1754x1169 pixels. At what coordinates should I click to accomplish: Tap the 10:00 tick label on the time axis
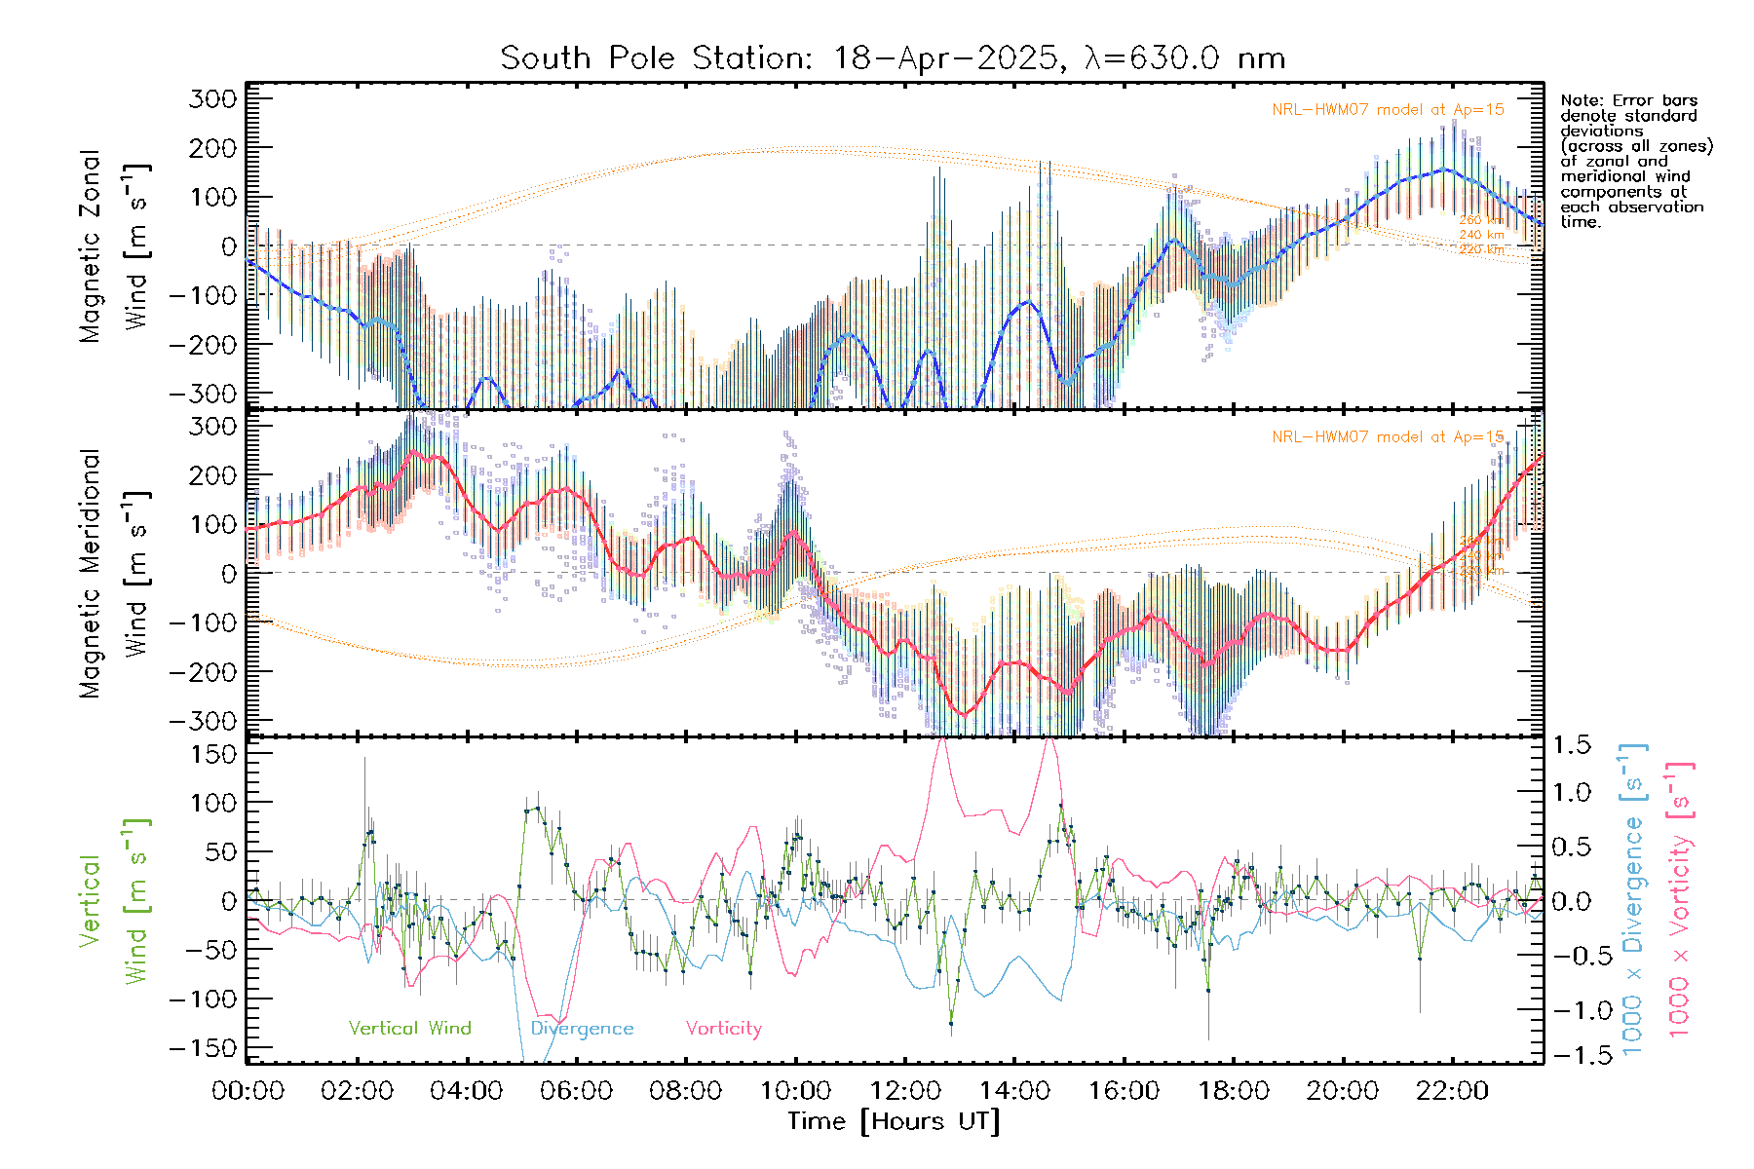[x=795, y=1090]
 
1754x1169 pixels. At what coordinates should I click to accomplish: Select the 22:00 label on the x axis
[x=1452, y=1090]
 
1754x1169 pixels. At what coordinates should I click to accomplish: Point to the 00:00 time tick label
[x=248, y=1090]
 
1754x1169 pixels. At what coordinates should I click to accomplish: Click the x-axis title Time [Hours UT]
[x=894, y=1121]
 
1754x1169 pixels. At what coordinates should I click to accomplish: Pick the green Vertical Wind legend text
[x=409, y=1028]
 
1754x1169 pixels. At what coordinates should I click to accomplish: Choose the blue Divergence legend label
[x=582, y=1028]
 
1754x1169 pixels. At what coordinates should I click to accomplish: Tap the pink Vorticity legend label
[x=723, y=1028]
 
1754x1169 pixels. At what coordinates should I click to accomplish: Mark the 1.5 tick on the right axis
[x=1571, y=745]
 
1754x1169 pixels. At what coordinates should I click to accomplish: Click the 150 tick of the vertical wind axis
[x=214, y=754]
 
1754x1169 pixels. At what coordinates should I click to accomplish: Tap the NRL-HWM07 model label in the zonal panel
[x=1388, y=110]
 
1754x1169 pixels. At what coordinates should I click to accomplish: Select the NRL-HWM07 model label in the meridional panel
[x=1388, y=437]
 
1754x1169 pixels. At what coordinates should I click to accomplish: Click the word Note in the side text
[x=1580, y=100]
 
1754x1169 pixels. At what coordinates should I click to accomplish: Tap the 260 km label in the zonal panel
[x=1481, y=220]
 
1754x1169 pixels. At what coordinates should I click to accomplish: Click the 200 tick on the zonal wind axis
[x=214, y=148]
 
